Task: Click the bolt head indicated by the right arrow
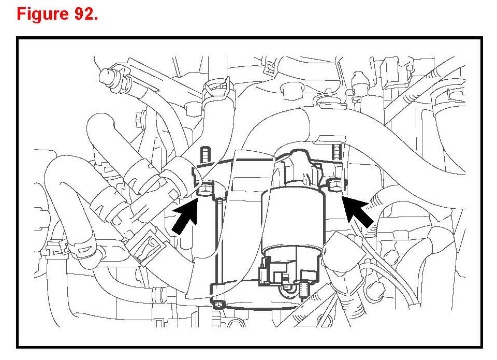(335, 184)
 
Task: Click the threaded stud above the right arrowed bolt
(338, 152)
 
